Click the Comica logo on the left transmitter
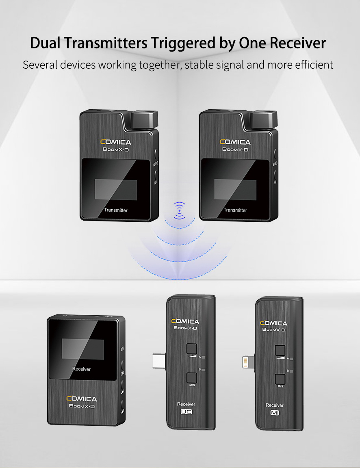click(116, 142)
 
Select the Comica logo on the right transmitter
click(235, 142)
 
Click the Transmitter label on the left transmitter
click(116, 210)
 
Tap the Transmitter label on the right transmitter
click(235, 210)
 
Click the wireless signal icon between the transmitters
click(179, 210)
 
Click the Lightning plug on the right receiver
click(247, 362)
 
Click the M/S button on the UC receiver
click(191, 377)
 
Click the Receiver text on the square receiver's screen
click(81, 369)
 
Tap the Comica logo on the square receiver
click(82, 399)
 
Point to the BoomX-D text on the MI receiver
click(274, 329)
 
